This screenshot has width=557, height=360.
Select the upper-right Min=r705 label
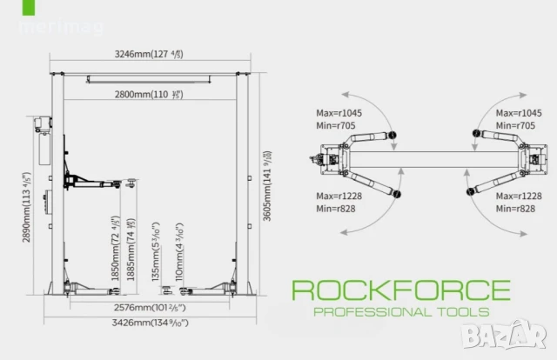pyautogui.click(x=514, y=126)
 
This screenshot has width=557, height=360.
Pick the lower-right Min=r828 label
pyautogui.click(x=514, y=210)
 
